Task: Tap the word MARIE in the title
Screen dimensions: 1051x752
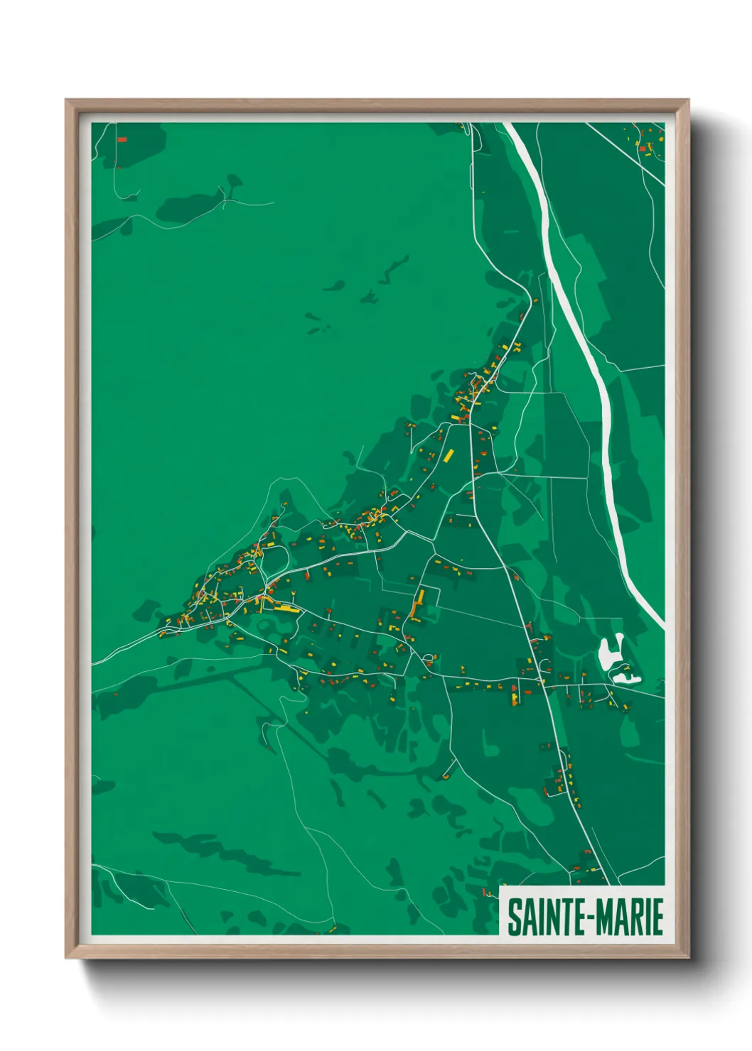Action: click(x=629, y=917)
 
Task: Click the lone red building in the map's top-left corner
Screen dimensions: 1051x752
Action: click(x=122, y=140)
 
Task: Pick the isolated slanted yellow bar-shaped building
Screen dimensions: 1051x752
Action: click(x=448, y=454)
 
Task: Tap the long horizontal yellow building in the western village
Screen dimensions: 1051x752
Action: click(x=282, y=607)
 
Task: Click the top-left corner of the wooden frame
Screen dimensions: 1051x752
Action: click(x=68, y=102)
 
